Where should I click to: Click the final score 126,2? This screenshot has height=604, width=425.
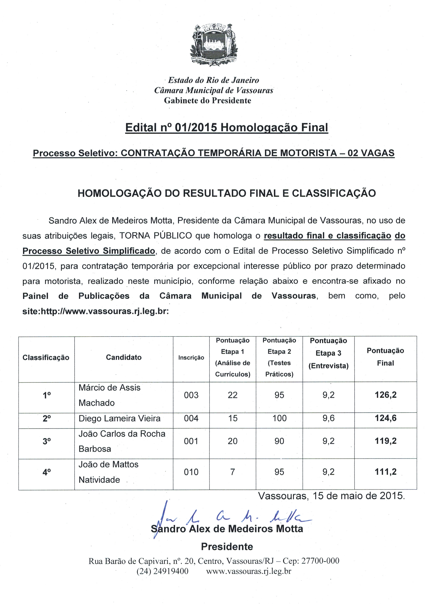pos(385,395)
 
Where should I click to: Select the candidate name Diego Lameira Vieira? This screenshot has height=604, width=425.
pos(119,418)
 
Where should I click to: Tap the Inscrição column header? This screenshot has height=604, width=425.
pos(191,357)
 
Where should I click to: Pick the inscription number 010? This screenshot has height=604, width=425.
pos(191,472)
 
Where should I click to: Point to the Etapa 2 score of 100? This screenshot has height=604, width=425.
pos(279,418)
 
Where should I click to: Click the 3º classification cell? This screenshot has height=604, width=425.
pos(47,441)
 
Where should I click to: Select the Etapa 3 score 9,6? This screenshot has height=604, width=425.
pos(328,418)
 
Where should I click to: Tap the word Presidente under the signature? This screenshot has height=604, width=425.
pos(227,547)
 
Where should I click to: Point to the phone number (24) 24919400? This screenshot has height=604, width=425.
pos(162,571)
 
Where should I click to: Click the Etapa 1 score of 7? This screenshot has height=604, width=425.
pos(232,472)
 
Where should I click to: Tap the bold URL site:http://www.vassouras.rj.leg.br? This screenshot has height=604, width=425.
pos(95,311)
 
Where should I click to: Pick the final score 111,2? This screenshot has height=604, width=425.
pos(385,472)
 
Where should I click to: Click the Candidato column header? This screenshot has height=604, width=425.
pos(124,357)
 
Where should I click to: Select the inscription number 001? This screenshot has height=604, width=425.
pos(191,441)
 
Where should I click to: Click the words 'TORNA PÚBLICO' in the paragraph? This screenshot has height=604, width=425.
pos(156,236)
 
